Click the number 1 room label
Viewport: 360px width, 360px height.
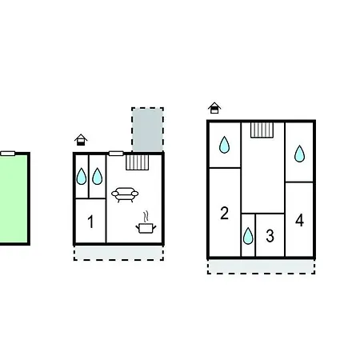coord(90,222)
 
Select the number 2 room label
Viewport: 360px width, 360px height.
coord(224,213)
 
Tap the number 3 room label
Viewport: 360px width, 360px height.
coord(270,236)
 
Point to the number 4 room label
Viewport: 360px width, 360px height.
coord(299,220)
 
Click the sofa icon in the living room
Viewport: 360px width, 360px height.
coord(125,194)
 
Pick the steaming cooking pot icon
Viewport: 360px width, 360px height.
coord(146,222)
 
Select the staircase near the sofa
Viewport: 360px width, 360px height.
coord(138,162)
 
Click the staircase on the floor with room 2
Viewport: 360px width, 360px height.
coord(262,130)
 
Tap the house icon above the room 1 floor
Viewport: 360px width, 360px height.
coord(81,140)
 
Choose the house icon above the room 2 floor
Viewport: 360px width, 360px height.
coord(214,108)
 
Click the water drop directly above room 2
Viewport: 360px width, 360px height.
coord(224,145)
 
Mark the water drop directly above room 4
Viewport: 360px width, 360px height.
coord(299,154)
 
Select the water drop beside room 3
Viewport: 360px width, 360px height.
coord(248,236)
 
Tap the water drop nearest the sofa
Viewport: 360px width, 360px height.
coord(98,176)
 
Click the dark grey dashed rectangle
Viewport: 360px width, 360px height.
coord(147,130)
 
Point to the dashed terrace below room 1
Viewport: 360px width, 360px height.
coord(118,253)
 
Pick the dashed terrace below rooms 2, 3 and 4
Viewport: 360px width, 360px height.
coord(262,266)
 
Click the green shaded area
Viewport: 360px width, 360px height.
coord(14,199)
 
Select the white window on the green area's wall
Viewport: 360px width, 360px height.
coord(8,154)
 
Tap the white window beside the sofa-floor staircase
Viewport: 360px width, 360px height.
coord(116,154)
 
